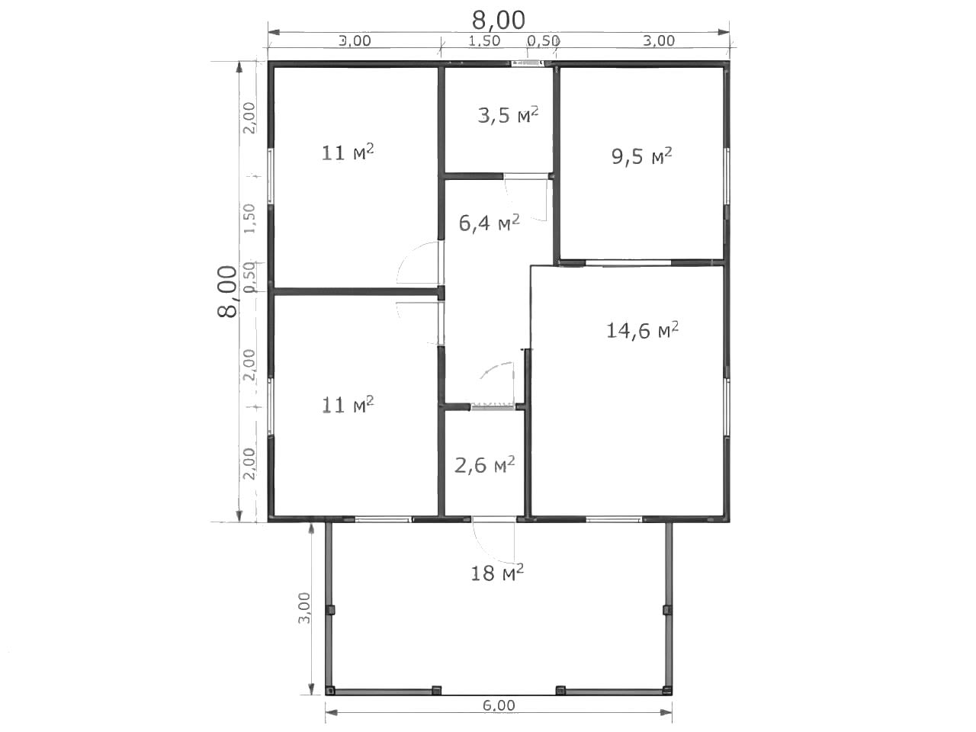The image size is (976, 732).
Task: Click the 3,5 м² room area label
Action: coord(508,115)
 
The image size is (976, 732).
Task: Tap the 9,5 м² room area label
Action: coord(641,156)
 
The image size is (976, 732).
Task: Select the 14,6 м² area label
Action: coord(642,330)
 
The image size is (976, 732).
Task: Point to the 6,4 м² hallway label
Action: coord(489,223)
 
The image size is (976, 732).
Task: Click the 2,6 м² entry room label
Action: coord(485,465)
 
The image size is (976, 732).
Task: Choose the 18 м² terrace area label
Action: coord(496,573)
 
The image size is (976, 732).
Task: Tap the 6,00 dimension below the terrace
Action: coord(499,705)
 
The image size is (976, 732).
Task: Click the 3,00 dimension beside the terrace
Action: coord(304,608)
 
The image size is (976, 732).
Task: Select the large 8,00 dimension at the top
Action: coord(499,20)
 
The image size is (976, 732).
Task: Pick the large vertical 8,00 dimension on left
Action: coord(227,291)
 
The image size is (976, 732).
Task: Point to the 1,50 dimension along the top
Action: coord(484,41)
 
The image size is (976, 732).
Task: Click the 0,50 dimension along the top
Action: coord(543,41)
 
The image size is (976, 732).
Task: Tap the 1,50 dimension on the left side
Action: coord(250,219)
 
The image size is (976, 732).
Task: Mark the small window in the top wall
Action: coord(527,63)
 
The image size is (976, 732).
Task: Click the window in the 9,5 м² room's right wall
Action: coord(727,176)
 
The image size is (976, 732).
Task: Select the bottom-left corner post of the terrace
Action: coord(330,691)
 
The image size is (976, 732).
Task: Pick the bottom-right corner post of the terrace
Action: coord(666,691)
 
